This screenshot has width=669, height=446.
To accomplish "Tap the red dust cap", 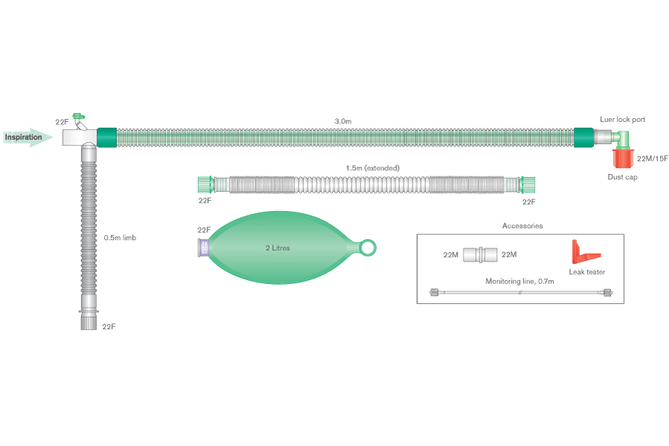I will point(623,158).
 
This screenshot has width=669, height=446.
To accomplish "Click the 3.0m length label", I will point(343,120).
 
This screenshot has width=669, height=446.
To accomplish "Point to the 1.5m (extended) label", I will point(372,168).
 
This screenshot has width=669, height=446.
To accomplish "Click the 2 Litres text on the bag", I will point(277,248).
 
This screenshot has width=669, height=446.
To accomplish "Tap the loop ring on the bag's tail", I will point(368,247).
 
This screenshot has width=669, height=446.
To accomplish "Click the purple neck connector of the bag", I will point(203,248).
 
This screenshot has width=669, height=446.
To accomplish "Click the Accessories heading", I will point(522,225).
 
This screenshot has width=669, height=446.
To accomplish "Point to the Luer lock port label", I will point(623,120).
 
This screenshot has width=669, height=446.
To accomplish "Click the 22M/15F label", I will point(653,158).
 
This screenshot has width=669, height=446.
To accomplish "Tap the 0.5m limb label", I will point(120,238).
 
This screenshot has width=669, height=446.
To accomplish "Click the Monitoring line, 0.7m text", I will point(520,282).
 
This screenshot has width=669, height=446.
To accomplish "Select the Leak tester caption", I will point(586,272).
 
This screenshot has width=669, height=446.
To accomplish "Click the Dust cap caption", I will point(623,177).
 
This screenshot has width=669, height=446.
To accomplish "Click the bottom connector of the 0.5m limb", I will point(88,321).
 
